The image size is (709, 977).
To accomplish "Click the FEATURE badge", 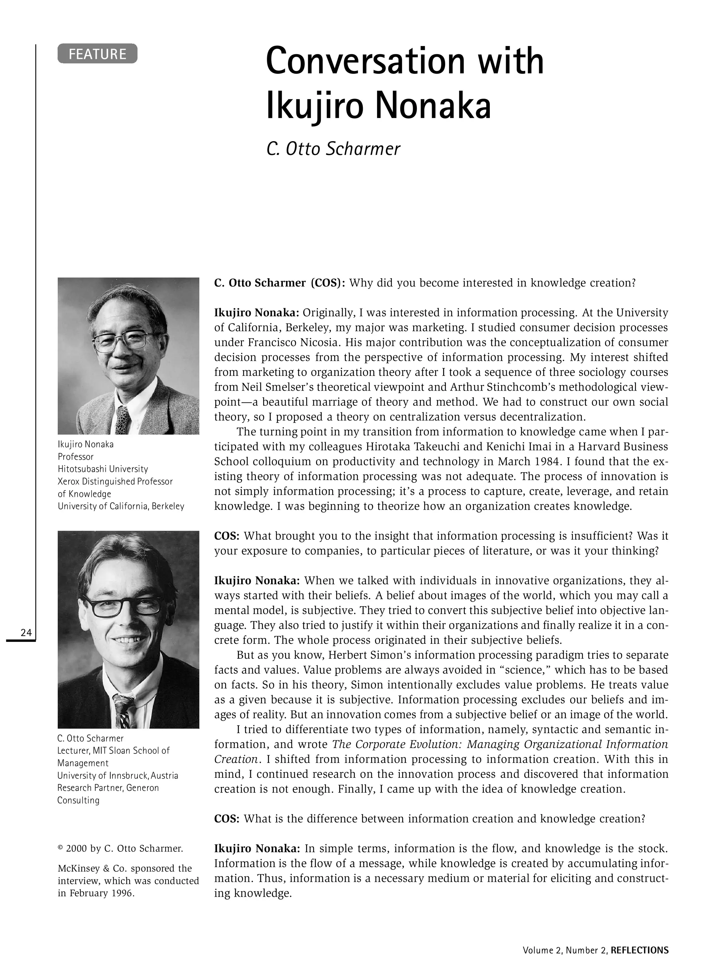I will (x=97, y=54).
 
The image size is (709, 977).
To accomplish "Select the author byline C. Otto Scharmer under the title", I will (x=333, y=149).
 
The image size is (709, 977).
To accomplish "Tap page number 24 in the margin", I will (x=26, y=632).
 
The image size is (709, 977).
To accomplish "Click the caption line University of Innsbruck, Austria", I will (x=118, y=775).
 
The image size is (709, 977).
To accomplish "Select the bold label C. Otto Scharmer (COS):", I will (x=280, y=283).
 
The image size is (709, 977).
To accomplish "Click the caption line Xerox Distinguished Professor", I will (x=115, y=481).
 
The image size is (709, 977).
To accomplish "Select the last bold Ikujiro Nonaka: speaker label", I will (x=257, y=849).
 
